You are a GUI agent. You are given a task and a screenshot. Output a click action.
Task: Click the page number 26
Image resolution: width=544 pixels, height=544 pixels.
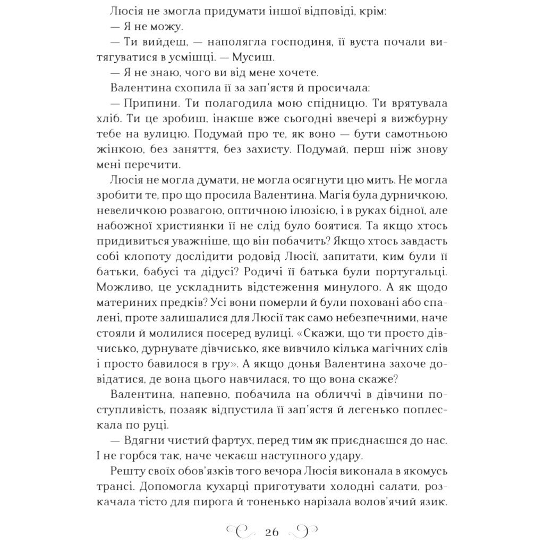271,532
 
